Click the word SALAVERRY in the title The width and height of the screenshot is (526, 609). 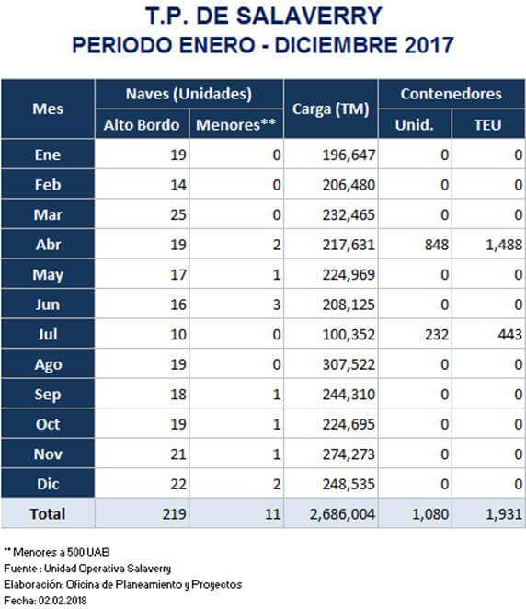pos(309,17)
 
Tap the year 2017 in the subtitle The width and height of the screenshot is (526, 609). pos(429,45)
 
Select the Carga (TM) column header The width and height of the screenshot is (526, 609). pos(331,109)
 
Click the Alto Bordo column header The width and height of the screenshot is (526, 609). pos(142,125)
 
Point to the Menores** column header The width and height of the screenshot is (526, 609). pos(236,125)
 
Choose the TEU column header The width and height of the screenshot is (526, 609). pos(487,125)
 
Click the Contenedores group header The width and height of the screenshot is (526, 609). pos(452,94)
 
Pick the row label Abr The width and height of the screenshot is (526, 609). pos(48,245)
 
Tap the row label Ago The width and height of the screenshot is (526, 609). pos(48,365)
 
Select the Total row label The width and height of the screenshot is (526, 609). pos(48,514)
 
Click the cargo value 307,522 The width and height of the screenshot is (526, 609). pos(349,364)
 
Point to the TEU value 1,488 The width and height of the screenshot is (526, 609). pos(504,245)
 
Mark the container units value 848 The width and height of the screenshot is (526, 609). pos(437,245)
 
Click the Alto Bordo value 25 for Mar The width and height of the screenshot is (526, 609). pos(178,214)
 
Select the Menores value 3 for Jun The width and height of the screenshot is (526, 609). pos(277,304)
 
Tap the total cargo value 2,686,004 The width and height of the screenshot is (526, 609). pos(342,514)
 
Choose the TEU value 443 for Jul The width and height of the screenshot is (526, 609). pos(510,335)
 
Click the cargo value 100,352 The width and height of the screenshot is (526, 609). pos(349,335)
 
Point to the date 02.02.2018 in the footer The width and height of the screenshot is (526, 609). pos(63,601)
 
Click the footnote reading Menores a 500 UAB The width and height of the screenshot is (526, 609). pos(62,552)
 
